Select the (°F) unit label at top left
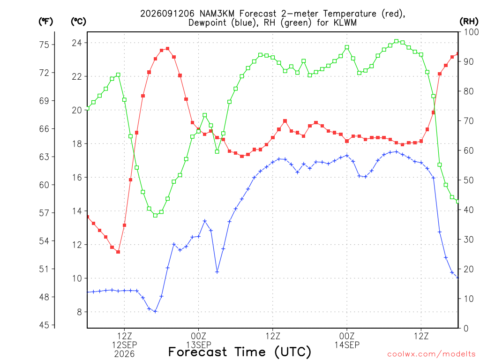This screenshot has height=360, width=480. coord(45,22)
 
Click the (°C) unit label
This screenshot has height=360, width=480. coord(78,22)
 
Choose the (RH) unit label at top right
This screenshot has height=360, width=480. coord(469,22)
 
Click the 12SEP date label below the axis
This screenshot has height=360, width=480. coord(124,345)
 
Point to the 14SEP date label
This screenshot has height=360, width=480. coord(347,345)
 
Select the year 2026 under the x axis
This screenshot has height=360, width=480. coord(124,354)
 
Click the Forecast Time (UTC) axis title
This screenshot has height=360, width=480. coord(240,352)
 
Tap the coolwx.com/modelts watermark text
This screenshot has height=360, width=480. coord(431,354)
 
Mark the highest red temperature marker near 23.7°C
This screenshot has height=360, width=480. coord(167,49)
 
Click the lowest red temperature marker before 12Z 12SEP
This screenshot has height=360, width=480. coord(118,252)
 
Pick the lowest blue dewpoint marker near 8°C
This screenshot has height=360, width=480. coord(155,311)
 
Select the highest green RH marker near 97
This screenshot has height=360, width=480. coord(397,41)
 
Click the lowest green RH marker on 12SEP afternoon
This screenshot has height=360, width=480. coord(155,216)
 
